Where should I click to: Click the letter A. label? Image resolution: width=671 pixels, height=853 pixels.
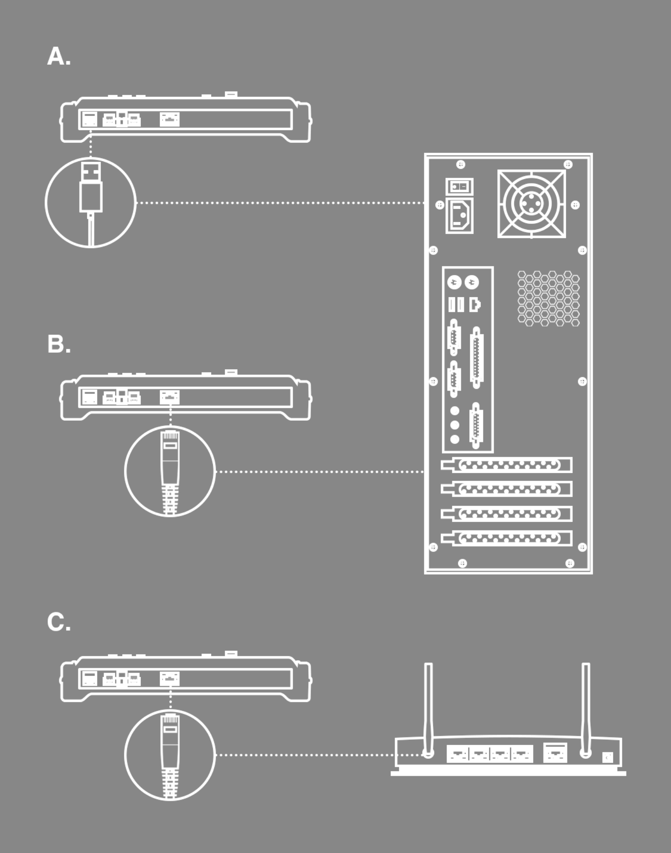(59, 57)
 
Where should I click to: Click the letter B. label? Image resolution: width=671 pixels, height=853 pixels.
(59, 344)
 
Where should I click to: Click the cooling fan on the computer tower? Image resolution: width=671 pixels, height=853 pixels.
(531, 203)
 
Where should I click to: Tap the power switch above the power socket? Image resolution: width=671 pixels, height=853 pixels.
(459, 187)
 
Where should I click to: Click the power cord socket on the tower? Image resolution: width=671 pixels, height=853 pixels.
(459, 216)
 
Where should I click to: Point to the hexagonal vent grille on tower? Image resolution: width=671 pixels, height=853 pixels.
(548, 298)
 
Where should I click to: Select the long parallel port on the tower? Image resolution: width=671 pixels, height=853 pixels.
(476, 358)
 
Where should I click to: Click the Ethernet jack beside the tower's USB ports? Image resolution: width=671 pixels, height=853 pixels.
(475, 305)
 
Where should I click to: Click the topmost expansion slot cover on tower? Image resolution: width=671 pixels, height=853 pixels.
(507, 465)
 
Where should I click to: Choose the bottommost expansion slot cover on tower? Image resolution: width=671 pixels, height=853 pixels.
(507, 538)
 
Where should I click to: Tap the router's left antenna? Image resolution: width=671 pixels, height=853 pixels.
(428, 706)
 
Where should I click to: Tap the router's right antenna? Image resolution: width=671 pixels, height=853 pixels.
(586, 706)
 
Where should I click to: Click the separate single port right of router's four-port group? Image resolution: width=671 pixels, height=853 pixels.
(555, 753)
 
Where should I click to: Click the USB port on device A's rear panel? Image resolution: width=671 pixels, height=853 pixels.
(89, 120)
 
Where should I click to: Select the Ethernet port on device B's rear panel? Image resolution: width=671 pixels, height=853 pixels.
(169, 397)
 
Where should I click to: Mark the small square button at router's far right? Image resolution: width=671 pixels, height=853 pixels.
(607, 757)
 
